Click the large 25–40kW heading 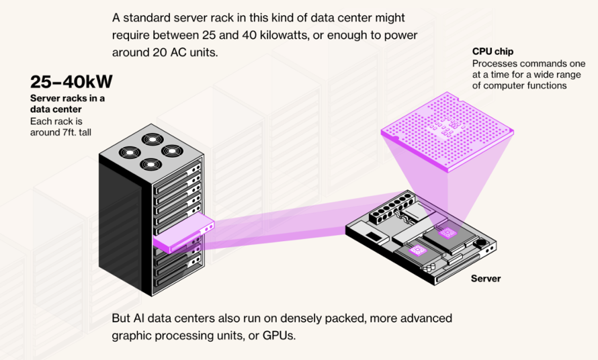71,82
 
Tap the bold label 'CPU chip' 493,52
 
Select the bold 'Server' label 486,278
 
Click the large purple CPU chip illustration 447,132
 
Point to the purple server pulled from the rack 184,232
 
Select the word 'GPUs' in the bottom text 278,336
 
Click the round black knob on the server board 481,242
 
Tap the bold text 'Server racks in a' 67,98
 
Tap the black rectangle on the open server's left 374,236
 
